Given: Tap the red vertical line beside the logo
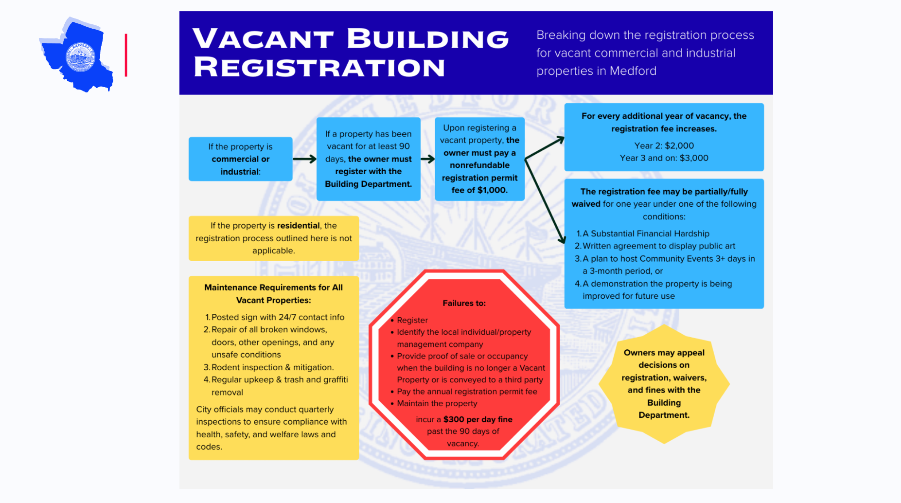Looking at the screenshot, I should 126,55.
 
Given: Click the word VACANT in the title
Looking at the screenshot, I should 263,38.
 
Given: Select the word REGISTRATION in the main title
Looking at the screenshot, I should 319,67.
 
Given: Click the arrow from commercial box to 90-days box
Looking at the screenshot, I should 304,159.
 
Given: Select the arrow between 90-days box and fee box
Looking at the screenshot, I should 427,159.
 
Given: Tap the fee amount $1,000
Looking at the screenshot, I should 492,190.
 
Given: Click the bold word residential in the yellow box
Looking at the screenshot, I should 298,226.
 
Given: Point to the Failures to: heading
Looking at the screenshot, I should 464,303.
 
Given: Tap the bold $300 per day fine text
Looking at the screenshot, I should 477,419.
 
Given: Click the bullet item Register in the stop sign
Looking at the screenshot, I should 412,320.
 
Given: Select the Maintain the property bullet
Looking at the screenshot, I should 437,403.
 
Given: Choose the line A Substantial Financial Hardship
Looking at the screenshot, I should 646,234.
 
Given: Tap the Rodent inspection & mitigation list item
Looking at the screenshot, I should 272,367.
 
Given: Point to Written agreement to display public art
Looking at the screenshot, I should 658,246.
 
